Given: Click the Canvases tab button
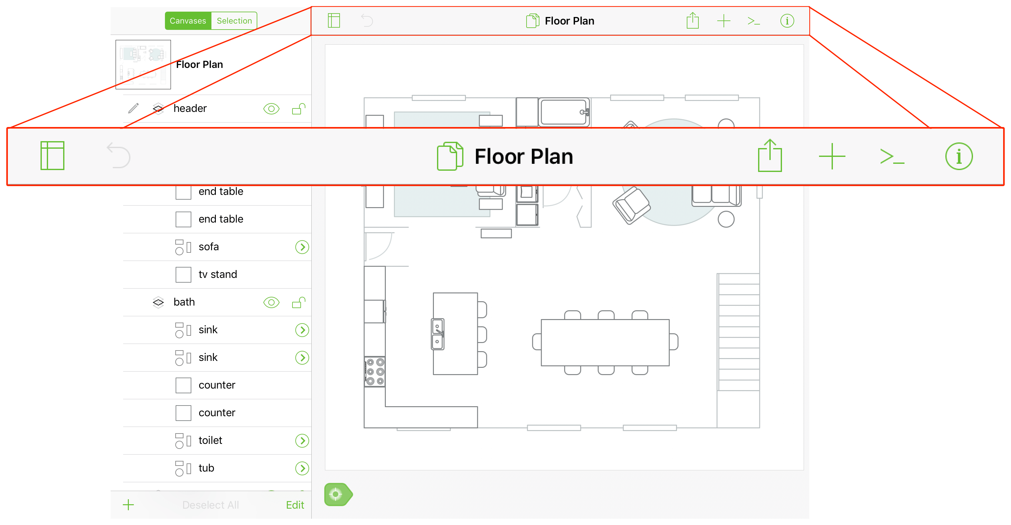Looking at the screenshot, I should (x=188, y=21).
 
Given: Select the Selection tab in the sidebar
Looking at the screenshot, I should (x=234, y=21).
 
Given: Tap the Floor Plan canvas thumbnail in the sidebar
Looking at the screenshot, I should (x=143, y=64).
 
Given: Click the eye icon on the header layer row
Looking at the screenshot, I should (x=271, y=109).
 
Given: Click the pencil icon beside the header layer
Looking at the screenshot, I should (x=134, y=108).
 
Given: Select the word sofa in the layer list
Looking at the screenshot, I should (x=208, y=246).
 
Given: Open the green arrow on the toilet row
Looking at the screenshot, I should (x=302, y=440).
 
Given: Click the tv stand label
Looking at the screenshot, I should (x=217, y=274).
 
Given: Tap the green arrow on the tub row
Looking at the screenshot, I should (x=302, y=468).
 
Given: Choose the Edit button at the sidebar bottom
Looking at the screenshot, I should (x=295, y=505).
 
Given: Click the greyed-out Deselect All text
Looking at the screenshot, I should (x=210, y=505).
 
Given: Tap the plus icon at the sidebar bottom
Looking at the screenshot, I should (x=128, y=505).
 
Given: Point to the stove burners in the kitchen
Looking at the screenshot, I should (x=375, y=372).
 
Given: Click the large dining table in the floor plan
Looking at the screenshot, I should (x=605, y=342).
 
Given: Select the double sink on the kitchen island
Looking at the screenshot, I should (x=438, y=334).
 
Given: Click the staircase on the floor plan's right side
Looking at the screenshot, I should (x=738, y=332).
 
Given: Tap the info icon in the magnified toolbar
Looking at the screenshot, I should (x=959, y=156).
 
